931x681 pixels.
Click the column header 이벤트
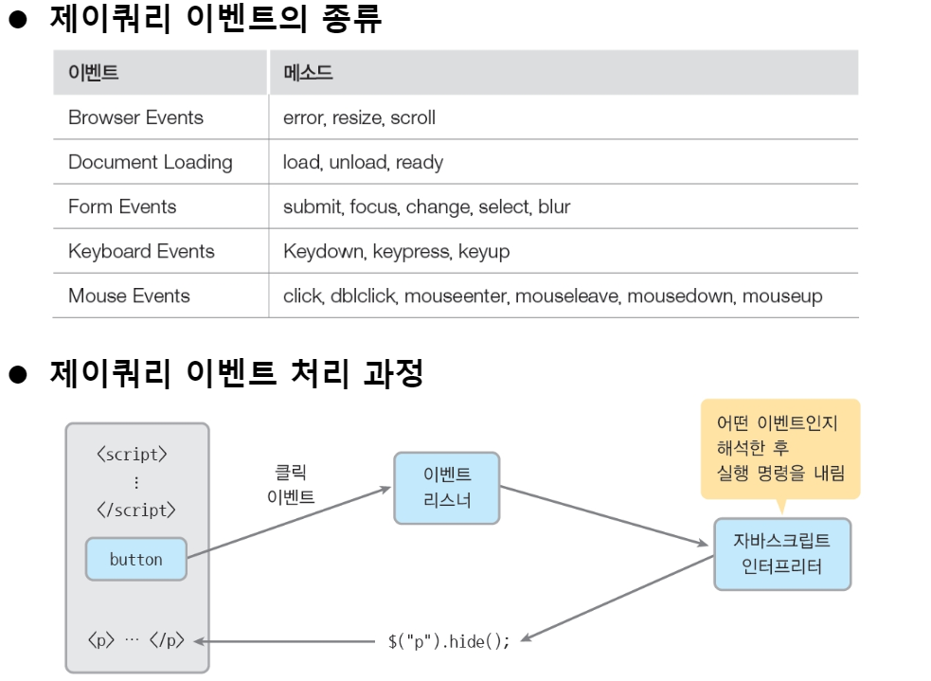93,73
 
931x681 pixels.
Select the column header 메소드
308,73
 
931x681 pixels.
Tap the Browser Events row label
135,118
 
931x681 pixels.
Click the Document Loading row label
150,162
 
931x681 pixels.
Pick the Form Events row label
122,206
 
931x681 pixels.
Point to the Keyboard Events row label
141,251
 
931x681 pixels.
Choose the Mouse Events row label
129,296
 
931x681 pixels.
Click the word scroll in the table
413,118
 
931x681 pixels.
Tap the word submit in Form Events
313,206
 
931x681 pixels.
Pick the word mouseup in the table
781,296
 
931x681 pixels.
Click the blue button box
135,560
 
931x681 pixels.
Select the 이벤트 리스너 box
447,488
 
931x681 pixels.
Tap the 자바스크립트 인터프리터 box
781,554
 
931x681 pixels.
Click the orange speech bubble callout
780,448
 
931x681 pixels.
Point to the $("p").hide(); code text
449,641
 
